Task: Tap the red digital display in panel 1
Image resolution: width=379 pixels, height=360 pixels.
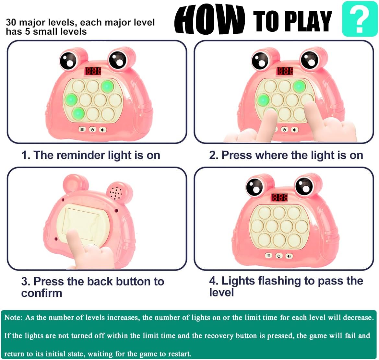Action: click(93, 71)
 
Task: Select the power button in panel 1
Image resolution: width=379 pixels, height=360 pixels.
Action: click(92, 130)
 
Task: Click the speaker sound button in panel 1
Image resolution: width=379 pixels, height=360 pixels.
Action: click(103, 130)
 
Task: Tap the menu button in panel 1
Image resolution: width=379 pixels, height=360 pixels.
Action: click(82, 129)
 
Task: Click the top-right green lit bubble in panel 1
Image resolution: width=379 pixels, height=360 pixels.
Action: click(107, 86)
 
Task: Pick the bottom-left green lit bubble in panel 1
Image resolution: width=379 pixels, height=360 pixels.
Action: click(78, 113)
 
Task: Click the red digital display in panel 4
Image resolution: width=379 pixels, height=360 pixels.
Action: click(280, 197)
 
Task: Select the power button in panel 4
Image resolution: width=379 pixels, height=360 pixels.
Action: click(279, 256)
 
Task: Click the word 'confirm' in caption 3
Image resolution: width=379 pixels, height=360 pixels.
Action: click(41, 293)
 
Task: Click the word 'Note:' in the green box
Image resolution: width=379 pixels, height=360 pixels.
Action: click(13, 318)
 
